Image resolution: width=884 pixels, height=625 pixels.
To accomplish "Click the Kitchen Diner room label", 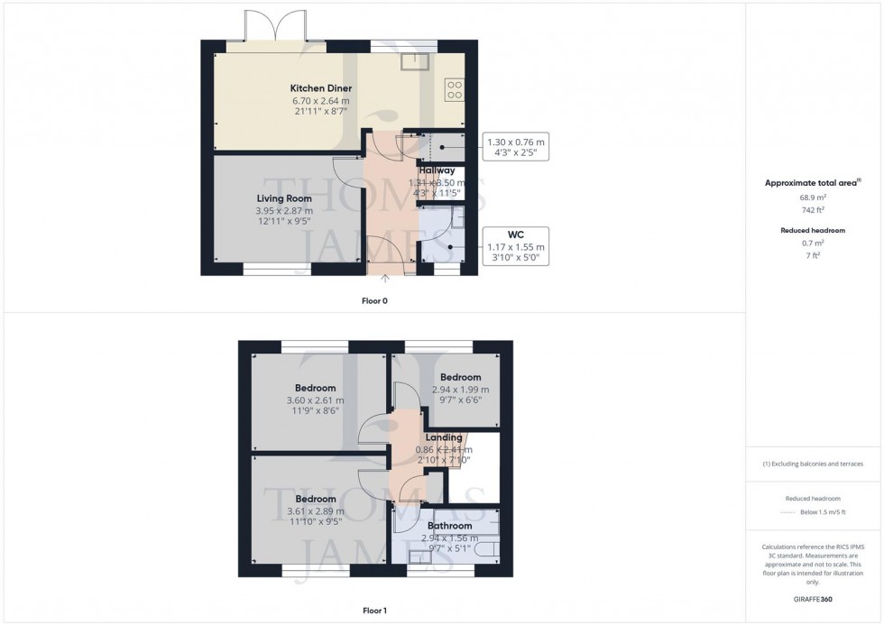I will [x=320, y=87].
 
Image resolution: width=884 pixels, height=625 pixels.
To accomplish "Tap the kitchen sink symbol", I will [x=416, y=60].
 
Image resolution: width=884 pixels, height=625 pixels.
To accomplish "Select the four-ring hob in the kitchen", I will [x=454, y=89].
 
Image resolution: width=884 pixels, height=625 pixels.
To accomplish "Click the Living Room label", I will [x=284, y=198].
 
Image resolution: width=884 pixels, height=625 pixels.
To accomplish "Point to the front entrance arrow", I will [x=387, y=280].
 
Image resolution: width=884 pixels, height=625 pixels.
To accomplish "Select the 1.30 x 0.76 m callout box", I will [x=515, y=147].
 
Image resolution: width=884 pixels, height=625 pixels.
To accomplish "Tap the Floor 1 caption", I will [x=373, y=611].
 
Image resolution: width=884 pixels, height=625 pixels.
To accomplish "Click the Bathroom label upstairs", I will [x=449, y=526].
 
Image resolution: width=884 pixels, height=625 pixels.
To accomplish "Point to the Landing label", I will [x=444, y=437].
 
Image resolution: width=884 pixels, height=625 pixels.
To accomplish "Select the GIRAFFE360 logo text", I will [x=813, y=598].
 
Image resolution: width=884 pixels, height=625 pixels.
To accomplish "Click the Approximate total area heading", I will [x=811, y=182].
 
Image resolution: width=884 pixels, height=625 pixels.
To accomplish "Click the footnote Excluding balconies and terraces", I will [x=813, y=464].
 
